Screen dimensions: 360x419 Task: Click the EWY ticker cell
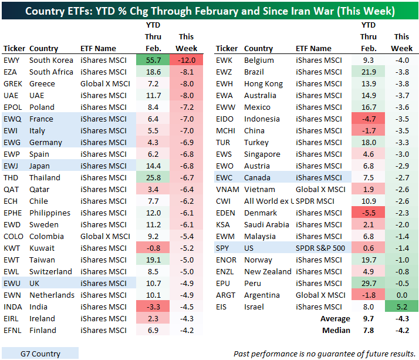click(12, 60)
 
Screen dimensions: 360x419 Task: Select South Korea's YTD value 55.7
click(152, 60)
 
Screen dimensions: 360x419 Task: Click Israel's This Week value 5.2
click(402, 306)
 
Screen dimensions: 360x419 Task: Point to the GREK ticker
click(13, 83)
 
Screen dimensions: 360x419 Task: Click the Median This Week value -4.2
click(402, 330)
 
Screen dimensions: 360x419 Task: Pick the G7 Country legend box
click(40, 353)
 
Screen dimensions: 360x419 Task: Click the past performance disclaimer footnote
click(323, 353)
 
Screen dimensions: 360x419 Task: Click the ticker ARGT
click(227, 295)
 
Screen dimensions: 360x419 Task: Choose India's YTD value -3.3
click(152, 307)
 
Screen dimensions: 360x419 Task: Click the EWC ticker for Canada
click(225, 177)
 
